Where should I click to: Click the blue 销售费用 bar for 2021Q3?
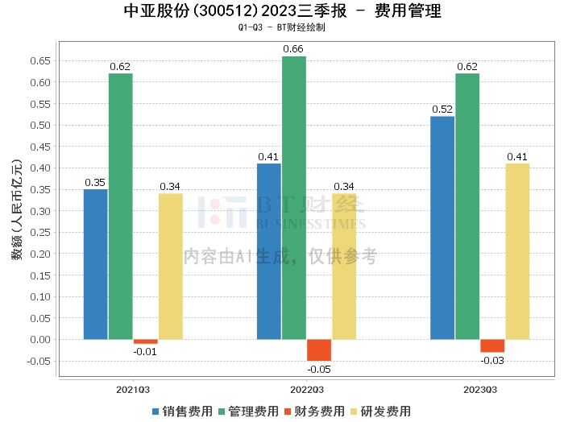[x=95, y=264]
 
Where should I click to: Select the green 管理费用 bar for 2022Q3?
[x=294, y=197]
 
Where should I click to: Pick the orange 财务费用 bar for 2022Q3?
[x=319, y=350]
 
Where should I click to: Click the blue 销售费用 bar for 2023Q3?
[x=442, y=228]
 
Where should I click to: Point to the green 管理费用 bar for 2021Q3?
[x=121, y=206]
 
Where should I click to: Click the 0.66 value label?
[x=293, y=49]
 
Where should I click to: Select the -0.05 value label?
[x=319, y=369]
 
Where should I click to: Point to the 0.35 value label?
[x=95, y=182]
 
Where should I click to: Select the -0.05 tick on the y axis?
[x=39, y=361]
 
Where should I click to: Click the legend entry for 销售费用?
[x=182, y=411]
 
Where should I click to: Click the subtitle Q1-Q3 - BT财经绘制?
[x=281, y=27]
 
